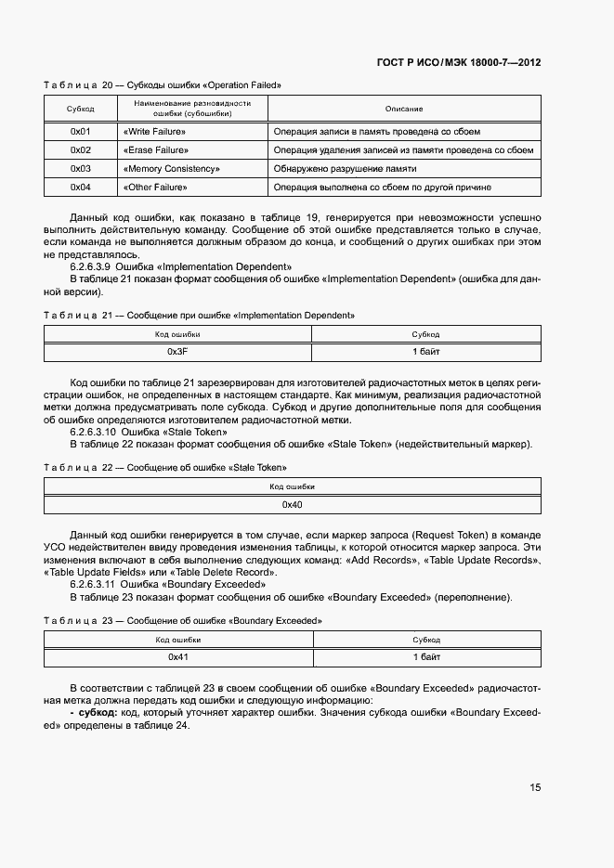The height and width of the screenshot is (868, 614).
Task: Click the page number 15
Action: click(x=535, y=788)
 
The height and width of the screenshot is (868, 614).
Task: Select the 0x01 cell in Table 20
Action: click(x=80, y=132)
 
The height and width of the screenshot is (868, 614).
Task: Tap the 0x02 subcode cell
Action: click(x=80, y=150)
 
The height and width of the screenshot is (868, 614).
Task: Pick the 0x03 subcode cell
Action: click(x=80, y=169)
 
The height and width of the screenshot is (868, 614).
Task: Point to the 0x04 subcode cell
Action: click(x=80, y=188)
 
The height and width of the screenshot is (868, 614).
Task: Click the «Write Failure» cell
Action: click(x=155, y=132)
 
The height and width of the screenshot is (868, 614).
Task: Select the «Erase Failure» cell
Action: click(x=155, y=150)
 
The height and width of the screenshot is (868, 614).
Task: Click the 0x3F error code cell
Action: click(x=177, y=353)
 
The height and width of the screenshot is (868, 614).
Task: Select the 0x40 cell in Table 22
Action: click(x=293, y=505)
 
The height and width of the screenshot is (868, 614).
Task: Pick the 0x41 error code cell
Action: click(x=178, y=657)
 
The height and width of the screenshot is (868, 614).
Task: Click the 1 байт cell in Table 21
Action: click(x=426, y=353)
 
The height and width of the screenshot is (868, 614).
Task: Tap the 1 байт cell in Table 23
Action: click(x=426, y=657)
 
